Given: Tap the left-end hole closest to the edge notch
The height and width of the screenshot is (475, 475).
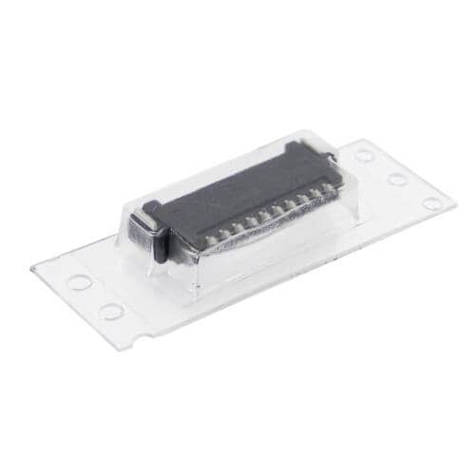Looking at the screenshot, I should coord(111,311).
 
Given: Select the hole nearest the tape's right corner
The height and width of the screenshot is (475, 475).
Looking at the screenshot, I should coord(432,202).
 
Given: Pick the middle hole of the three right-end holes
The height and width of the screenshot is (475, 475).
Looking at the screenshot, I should coord(397,179).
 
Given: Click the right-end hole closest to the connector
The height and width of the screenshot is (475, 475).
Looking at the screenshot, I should coord(365,155).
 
